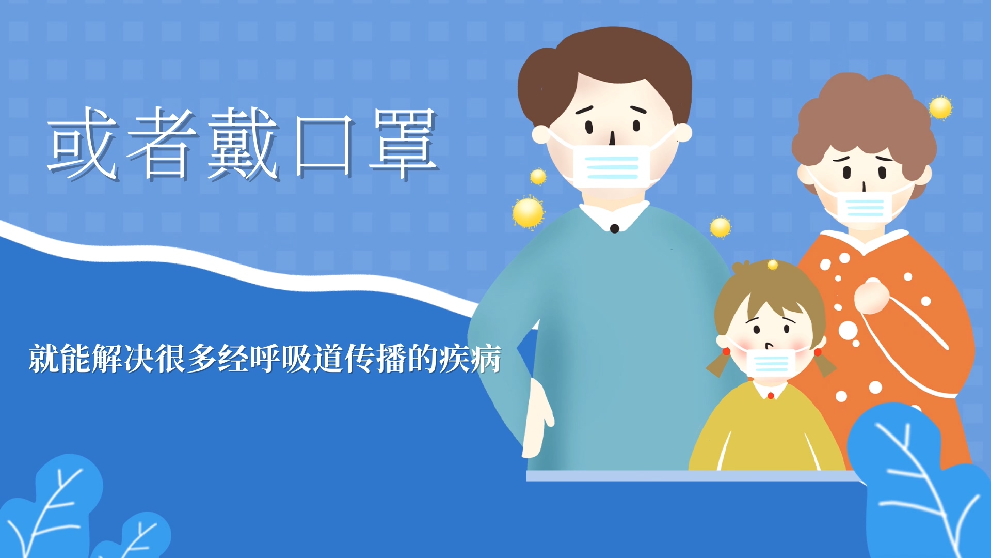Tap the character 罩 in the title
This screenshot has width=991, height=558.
pos(404,144)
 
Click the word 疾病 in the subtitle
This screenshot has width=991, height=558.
pos(470,359)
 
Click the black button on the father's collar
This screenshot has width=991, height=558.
pos(614,228)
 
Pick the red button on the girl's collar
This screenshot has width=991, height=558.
pos(771,396)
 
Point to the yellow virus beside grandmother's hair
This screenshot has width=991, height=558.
pos(940,108)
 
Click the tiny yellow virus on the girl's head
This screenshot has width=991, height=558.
pos(773,265)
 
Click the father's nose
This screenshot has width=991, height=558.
pos(612,137)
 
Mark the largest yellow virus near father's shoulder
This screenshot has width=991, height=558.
pos(528,212)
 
